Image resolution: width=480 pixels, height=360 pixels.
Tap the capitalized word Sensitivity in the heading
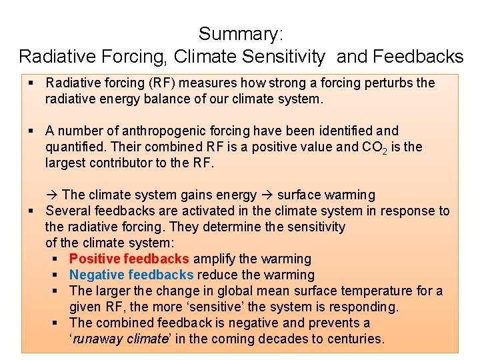pyautogui.click(x=292, y=56)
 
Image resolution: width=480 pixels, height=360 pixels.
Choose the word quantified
pyautogui.click(x=73, y=147)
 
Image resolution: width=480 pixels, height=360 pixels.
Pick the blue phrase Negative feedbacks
pyautogui.click(x=131, y=275)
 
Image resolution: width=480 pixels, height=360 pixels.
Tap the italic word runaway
pyautogui.click(x=95, y=339)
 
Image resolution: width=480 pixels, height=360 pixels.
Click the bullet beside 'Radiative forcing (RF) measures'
pyautogui.click(x=31, y=83)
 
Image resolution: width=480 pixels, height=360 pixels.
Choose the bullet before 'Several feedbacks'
pyautogui.click(x=31, y=211)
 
